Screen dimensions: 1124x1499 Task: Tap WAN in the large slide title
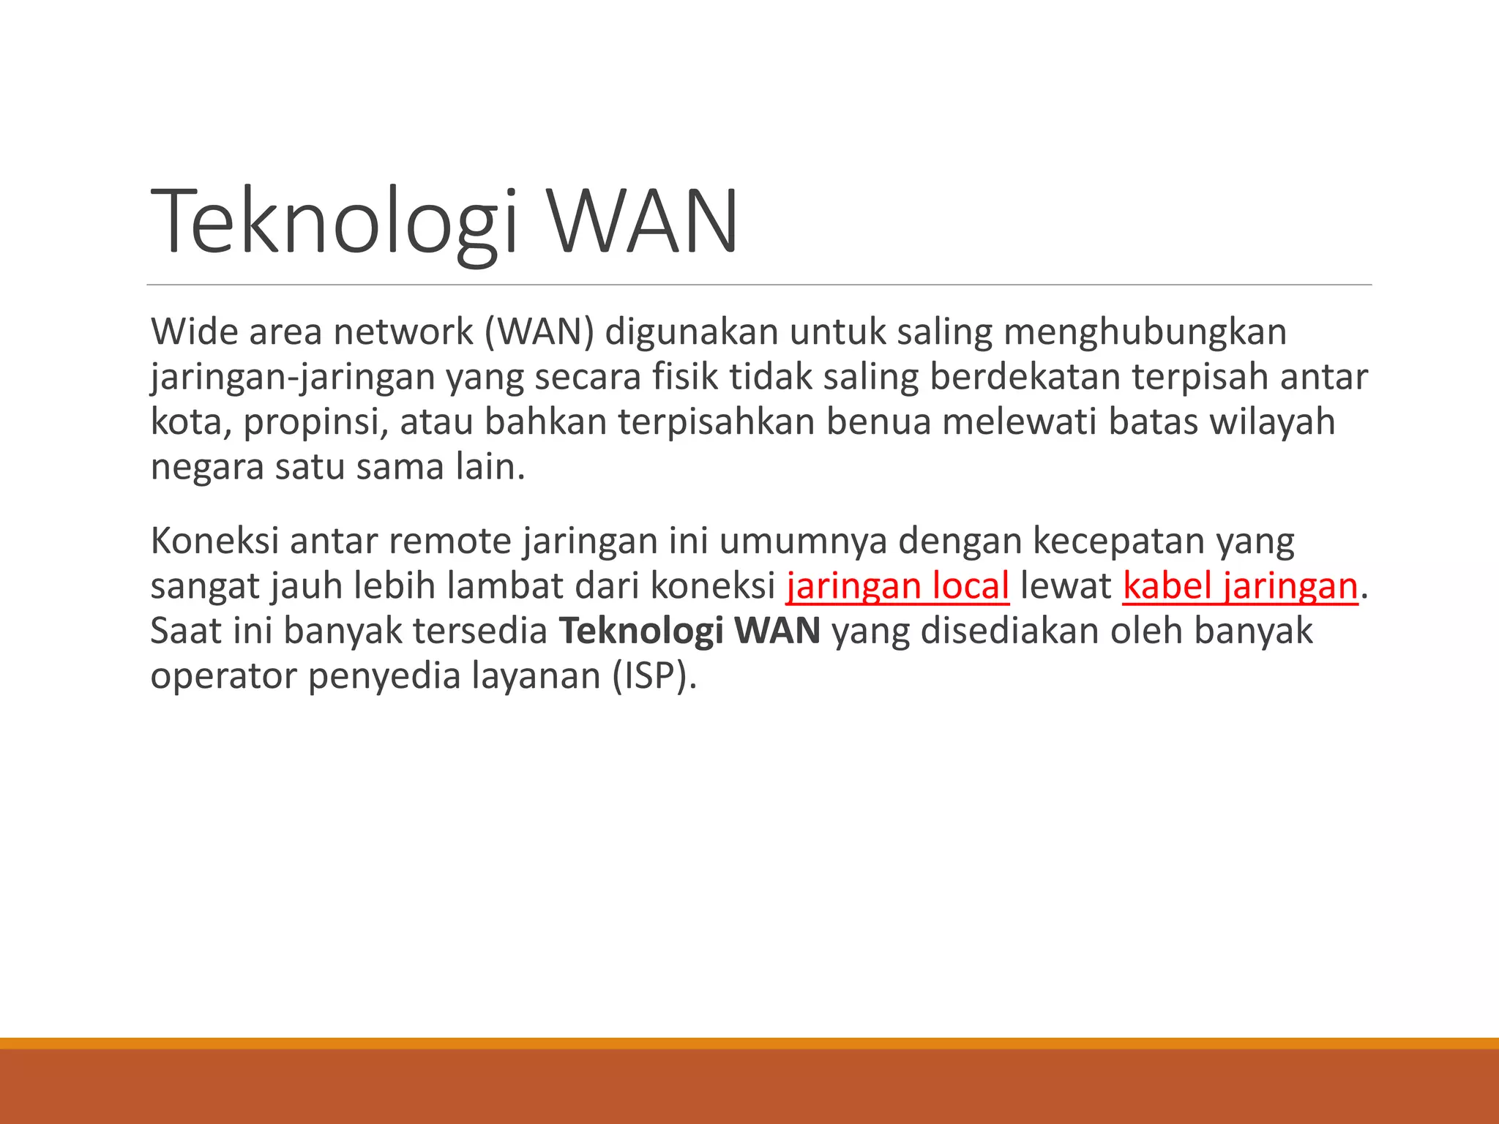pyautogui.click(x=644, y=222)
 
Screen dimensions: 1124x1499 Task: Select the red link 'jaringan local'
pyautogui.click(x=897, y=586)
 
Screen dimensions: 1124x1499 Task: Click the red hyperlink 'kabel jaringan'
pyautogui.click(x=1240, y=586)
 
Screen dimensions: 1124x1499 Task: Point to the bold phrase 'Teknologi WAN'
pyautogui.click(x=689, y=631)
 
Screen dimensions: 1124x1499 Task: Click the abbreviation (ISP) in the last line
pyautogui.click(x=654, y=676)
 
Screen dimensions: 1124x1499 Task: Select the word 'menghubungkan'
pyautogui.click(x=1144, y=331)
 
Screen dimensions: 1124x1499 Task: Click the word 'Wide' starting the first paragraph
pyautogui.click(x=194, y=331)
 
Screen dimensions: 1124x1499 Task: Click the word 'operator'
pyautogui.click(x=223, y=676)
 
